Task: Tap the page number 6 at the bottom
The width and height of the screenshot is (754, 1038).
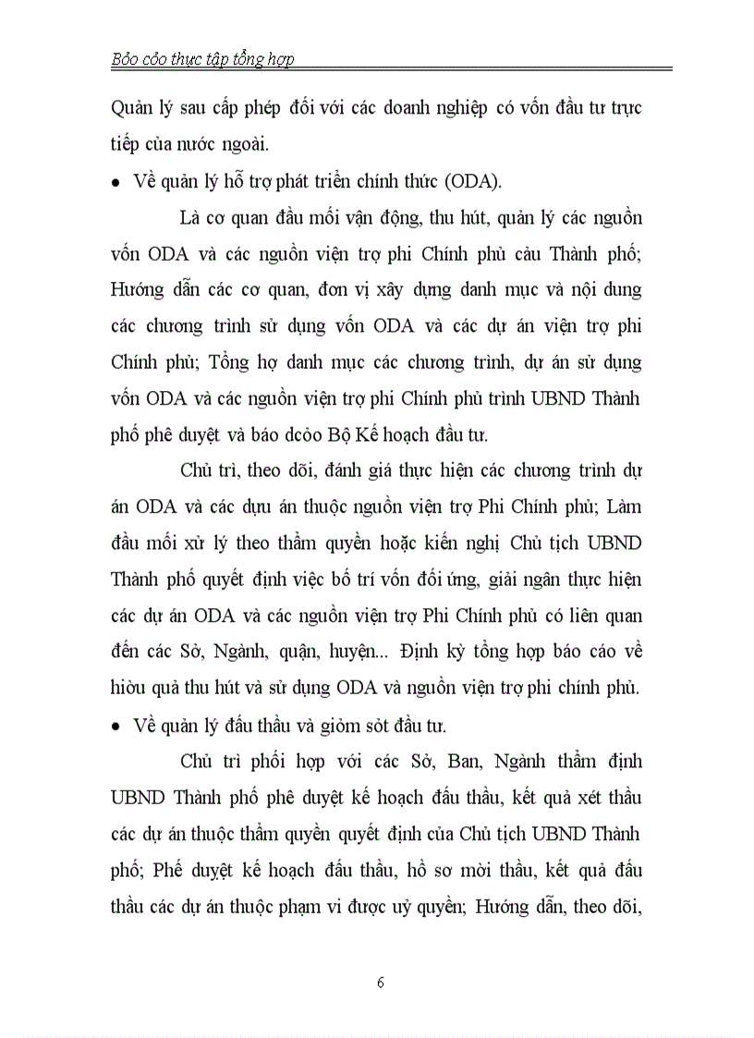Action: pos(381,983)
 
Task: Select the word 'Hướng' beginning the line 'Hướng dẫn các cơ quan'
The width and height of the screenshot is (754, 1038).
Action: pos(140,289)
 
